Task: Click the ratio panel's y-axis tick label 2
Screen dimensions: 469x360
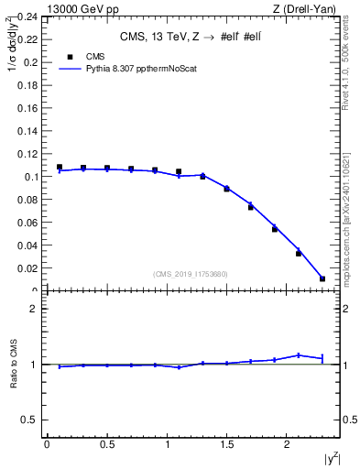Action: pyautogui.click(x=34, y=309)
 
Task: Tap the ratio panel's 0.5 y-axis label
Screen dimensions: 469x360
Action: pyautogui.click(x=30, y=420)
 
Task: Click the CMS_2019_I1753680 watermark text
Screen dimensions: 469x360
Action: pyautogui.click(x=190, y=274)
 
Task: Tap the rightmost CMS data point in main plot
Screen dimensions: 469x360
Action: pyautogui.click(x=322, y=278)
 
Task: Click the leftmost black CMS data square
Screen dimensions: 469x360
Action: pyautogui.click(x=60, y=168)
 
